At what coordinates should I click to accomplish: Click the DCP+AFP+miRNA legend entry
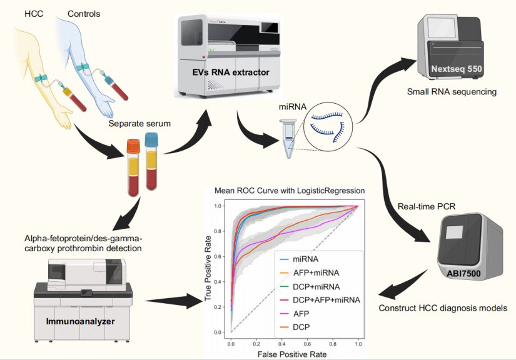coord(321,300)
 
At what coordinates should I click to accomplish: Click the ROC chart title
coord(290,190)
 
